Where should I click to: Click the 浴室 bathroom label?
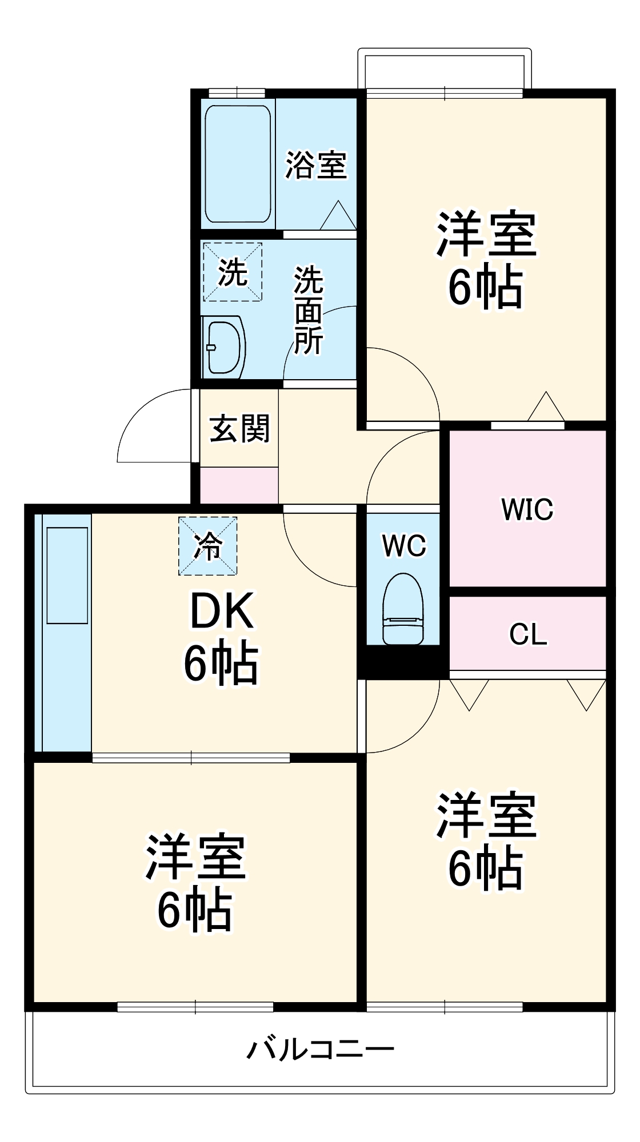coord(316,164)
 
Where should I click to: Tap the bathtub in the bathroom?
coord(238,164)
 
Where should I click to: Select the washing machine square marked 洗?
coord(233,272)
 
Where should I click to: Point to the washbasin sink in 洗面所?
coord(223,347)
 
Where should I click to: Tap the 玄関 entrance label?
coord(239,428)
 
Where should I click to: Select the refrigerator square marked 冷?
coord(207,546)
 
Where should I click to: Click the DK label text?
coord(221,612)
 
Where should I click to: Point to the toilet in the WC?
coord(403,609)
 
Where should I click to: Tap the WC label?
coord(404,546)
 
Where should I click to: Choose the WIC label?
coord(527,509)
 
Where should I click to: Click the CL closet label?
coord(528,634)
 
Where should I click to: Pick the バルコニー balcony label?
coord(321,1049)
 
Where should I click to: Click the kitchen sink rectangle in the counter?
coord(67,576)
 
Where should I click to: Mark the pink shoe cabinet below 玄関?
coord(239,485)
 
